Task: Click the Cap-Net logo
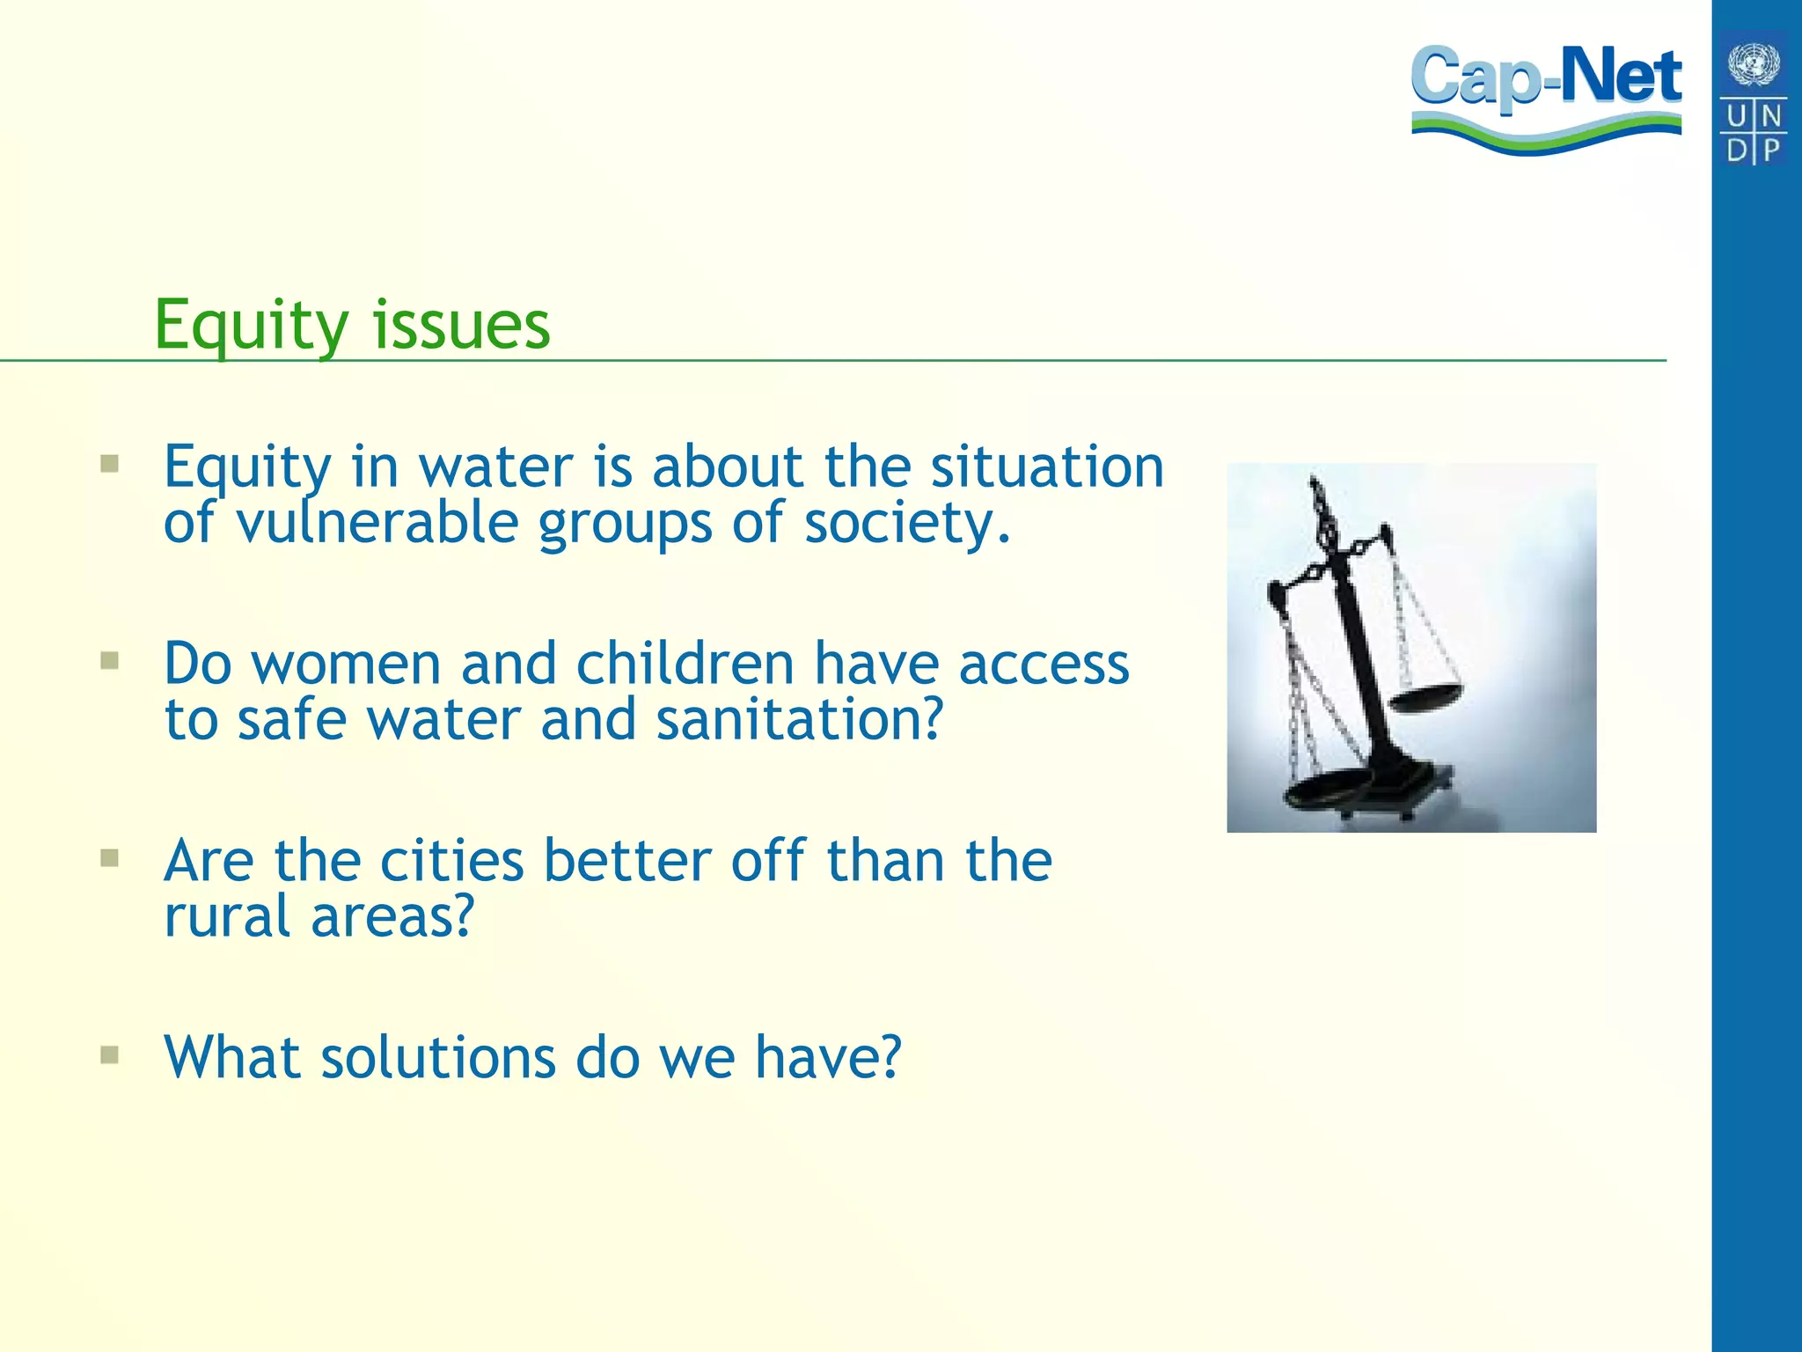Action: [x=1546, y=97]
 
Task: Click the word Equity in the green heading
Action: [x=252, y=326]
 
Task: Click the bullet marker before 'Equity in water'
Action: [x=110, y=464]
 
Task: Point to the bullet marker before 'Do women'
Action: [x=110, y=661]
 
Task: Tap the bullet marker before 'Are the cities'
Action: [x=110, y=858]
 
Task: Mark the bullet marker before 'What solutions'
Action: [x=110, y=1054]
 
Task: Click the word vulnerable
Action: [x=377, y=524]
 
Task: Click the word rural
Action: [x=227, y=917]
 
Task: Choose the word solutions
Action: [x=437, y=1057]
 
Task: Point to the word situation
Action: [x=1047, y=467]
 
